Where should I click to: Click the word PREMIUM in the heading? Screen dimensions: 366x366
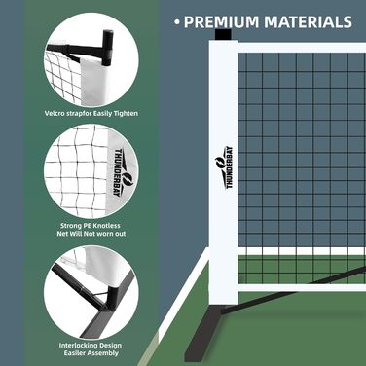[x=222, y=22]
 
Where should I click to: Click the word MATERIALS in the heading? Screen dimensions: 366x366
[x=308, y=22]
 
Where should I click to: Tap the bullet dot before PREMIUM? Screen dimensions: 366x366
[x=177, y=22]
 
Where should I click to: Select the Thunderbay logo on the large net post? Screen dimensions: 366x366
[x=224, y=167]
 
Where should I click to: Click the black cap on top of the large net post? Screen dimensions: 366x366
[x=223, y=35]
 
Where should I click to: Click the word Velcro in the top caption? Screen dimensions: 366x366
[x=54, y=114]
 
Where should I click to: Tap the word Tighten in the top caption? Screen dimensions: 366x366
[x=126, y=114]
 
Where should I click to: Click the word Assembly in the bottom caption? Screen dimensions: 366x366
[x=103, y=353]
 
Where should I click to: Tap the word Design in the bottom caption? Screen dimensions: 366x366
[x=110, y=346]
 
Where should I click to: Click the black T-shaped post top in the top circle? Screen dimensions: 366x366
[x=108, y=47]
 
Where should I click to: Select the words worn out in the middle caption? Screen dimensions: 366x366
[x=111, y=234]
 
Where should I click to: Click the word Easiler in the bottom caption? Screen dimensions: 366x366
[x=75, y=353]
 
